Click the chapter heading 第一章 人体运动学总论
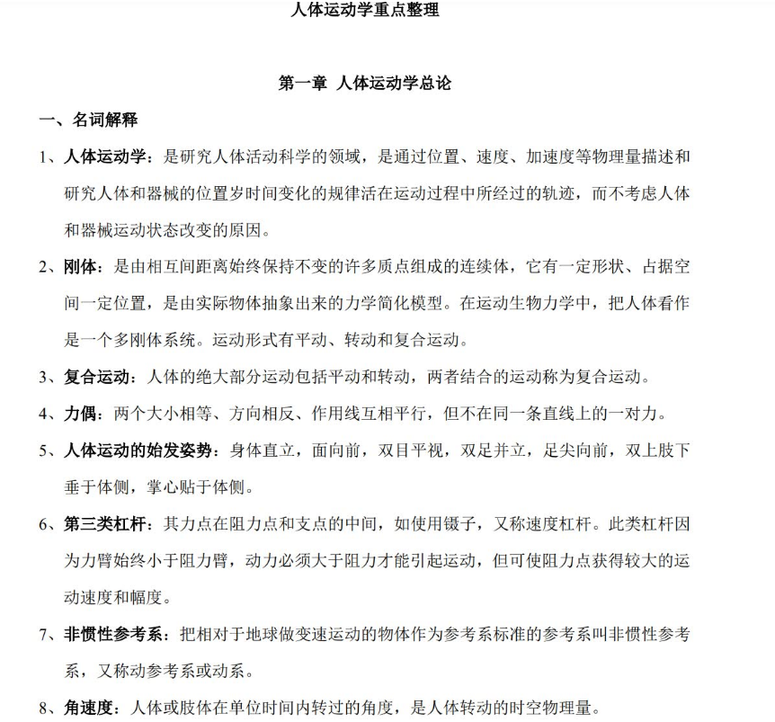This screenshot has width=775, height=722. [x=365, y=84]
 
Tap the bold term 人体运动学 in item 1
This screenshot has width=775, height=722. [x=106, y=157]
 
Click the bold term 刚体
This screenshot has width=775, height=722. [x=83, y=267]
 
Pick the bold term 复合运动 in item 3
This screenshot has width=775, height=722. [x=98, y=376]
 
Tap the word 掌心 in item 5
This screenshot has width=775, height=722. [x=164, y=487]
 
